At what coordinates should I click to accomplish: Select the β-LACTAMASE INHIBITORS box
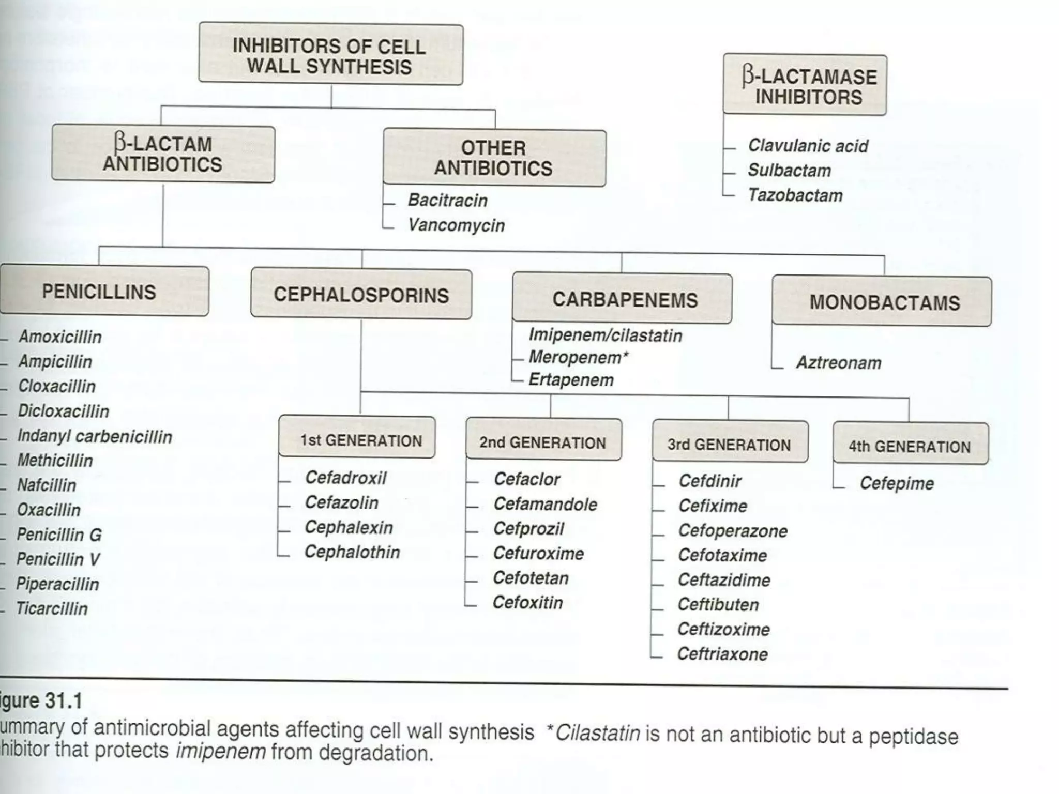pyautogui.click(x=805, y=85)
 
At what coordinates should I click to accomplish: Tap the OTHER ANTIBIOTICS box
pyautogui.click(x=494, y=158)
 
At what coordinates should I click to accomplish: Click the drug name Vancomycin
pyautogui.click(x=456, y=225)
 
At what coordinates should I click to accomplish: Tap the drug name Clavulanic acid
pyautogui.click(x=808, y=146)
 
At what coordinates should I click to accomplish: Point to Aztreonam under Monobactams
pyautogui.click(x=839, y=362)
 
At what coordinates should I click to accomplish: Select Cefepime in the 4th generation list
pyautogui.click(x=897, y=483)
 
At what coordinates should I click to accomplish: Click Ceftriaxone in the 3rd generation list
pyautogui.click(x=722, y=654)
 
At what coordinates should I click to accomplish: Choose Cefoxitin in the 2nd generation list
pyautogui.click(x=527, y=602)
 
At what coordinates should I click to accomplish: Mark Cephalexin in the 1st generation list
pyautogui.click(x=349, y=527)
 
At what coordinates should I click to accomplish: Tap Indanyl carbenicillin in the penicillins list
pyautogui.click(x=95, y=436)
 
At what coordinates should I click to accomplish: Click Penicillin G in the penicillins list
pyautogui.click(x=59, y=535)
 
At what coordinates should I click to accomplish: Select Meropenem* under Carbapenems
pyautogui.click(x=578, y=357)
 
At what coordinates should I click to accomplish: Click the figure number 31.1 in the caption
pyautogui.click(x=64, y=701)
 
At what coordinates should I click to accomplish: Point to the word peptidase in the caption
pyautogui.click(x=913, y=737)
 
